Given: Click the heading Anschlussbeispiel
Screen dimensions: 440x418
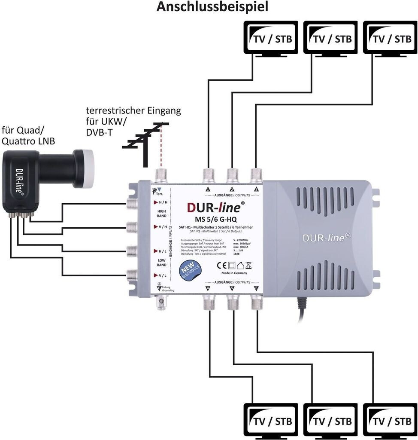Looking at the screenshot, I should coord(212,7).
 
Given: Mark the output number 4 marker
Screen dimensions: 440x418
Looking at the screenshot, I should coord(208,288).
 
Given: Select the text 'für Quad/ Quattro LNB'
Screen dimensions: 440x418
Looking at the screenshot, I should coord(28,136).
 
